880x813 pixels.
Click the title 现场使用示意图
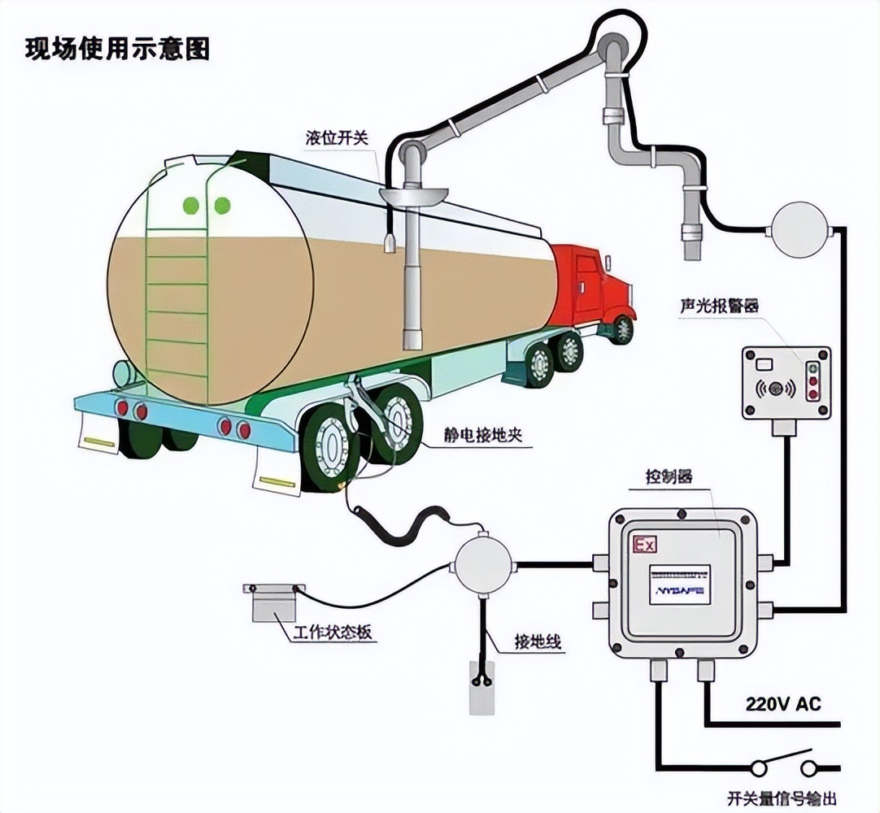click(117, 49)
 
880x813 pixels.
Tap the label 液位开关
click(337, 137)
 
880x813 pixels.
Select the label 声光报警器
click(719, 307)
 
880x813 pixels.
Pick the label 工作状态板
click(334, 632)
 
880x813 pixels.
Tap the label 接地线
click(538, 641)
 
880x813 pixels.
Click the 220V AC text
click(783, 703)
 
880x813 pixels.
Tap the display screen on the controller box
click(679, 584)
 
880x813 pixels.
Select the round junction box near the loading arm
click(799, 229)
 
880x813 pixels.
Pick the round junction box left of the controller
click(483, 563)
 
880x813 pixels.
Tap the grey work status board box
click(274, 604)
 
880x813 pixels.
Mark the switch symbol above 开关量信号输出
click(784, 764)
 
